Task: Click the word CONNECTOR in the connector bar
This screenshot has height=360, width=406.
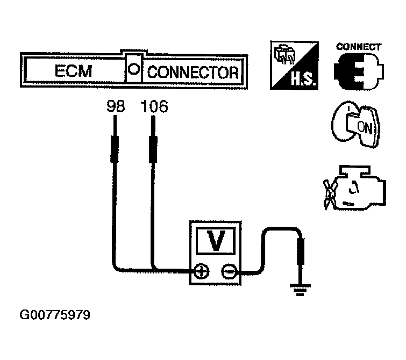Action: point(193,72)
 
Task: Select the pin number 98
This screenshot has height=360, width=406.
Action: point(116,107)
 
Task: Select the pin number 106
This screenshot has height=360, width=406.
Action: point(154,107)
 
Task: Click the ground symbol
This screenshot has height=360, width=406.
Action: point(300,290)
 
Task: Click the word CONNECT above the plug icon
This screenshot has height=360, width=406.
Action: point(359,47)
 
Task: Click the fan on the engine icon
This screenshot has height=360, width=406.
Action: point(331,191)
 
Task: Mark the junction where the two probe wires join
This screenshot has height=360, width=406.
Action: point(154,270)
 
